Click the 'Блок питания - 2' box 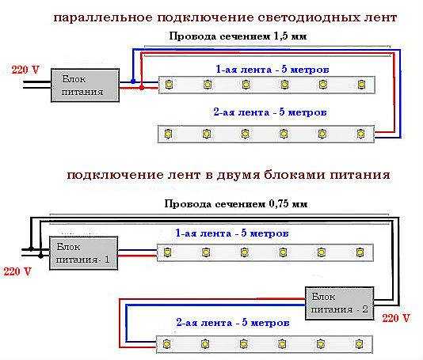coord(339,303)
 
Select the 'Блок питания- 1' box coord(83,253)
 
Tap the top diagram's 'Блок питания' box coord(86,85)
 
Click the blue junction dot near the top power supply coord(133,81)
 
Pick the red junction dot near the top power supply coord(141,88)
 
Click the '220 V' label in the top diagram coord(25,70)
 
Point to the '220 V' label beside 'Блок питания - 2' coord(396,318)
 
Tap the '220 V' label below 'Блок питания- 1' coord(17,271)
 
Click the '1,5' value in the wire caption coord(281,36)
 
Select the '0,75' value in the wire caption coord(279,203)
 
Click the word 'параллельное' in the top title coord(103,18)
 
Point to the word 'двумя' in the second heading coord(238,176)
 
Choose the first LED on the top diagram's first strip coord(169,85)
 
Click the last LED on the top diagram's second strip coord(361,134)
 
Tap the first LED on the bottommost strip coord(166,344)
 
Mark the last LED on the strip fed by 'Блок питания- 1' coord(360,252)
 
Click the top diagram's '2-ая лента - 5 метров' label coord(270,112)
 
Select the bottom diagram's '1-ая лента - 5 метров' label coord(232,233)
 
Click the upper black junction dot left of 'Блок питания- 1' coord(31,248)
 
